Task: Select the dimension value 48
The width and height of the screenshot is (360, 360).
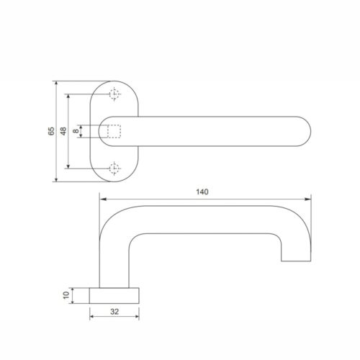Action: (x=63, y=131)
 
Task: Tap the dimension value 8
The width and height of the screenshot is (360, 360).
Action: (x=76, y=131)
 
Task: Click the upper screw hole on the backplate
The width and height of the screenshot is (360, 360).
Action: (x=113, y=94)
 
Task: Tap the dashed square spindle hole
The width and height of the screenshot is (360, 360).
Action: (x=113, y=131)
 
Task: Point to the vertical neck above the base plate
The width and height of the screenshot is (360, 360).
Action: (x=114, y=270)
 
